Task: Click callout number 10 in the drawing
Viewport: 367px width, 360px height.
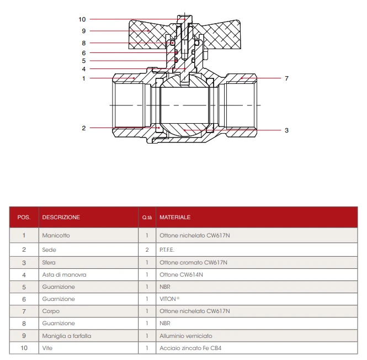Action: [82, 19]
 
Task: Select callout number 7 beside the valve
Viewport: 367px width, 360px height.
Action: [286, 78]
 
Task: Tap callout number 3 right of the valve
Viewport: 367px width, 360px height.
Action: [286, 130]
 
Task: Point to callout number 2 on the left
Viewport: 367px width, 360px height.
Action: [84, 128]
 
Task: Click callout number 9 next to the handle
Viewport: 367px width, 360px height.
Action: [84, 31]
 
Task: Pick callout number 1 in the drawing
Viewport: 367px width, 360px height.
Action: [84, 78]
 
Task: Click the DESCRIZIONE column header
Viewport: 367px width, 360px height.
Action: [61, 217]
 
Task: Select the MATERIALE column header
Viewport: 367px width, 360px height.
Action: [175, 217]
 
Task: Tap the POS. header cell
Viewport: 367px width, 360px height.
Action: [24, 217]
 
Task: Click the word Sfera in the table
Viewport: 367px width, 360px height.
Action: [49, 262]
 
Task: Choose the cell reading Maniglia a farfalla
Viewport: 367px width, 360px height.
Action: [66, 336]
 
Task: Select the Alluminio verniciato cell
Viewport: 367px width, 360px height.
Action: [185, 336]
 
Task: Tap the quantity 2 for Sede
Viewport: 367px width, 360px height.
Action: [147, 250]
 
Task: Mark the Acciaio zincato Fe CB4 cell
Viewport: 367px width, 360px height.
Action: [190, 348]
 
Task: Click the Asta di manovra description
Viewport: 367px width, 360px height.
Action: [64, 274]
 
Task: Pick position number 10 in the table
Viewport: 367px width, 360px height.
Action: [24, 348]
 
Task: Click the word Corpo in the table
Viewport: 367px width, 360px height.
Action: [50, 311]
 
